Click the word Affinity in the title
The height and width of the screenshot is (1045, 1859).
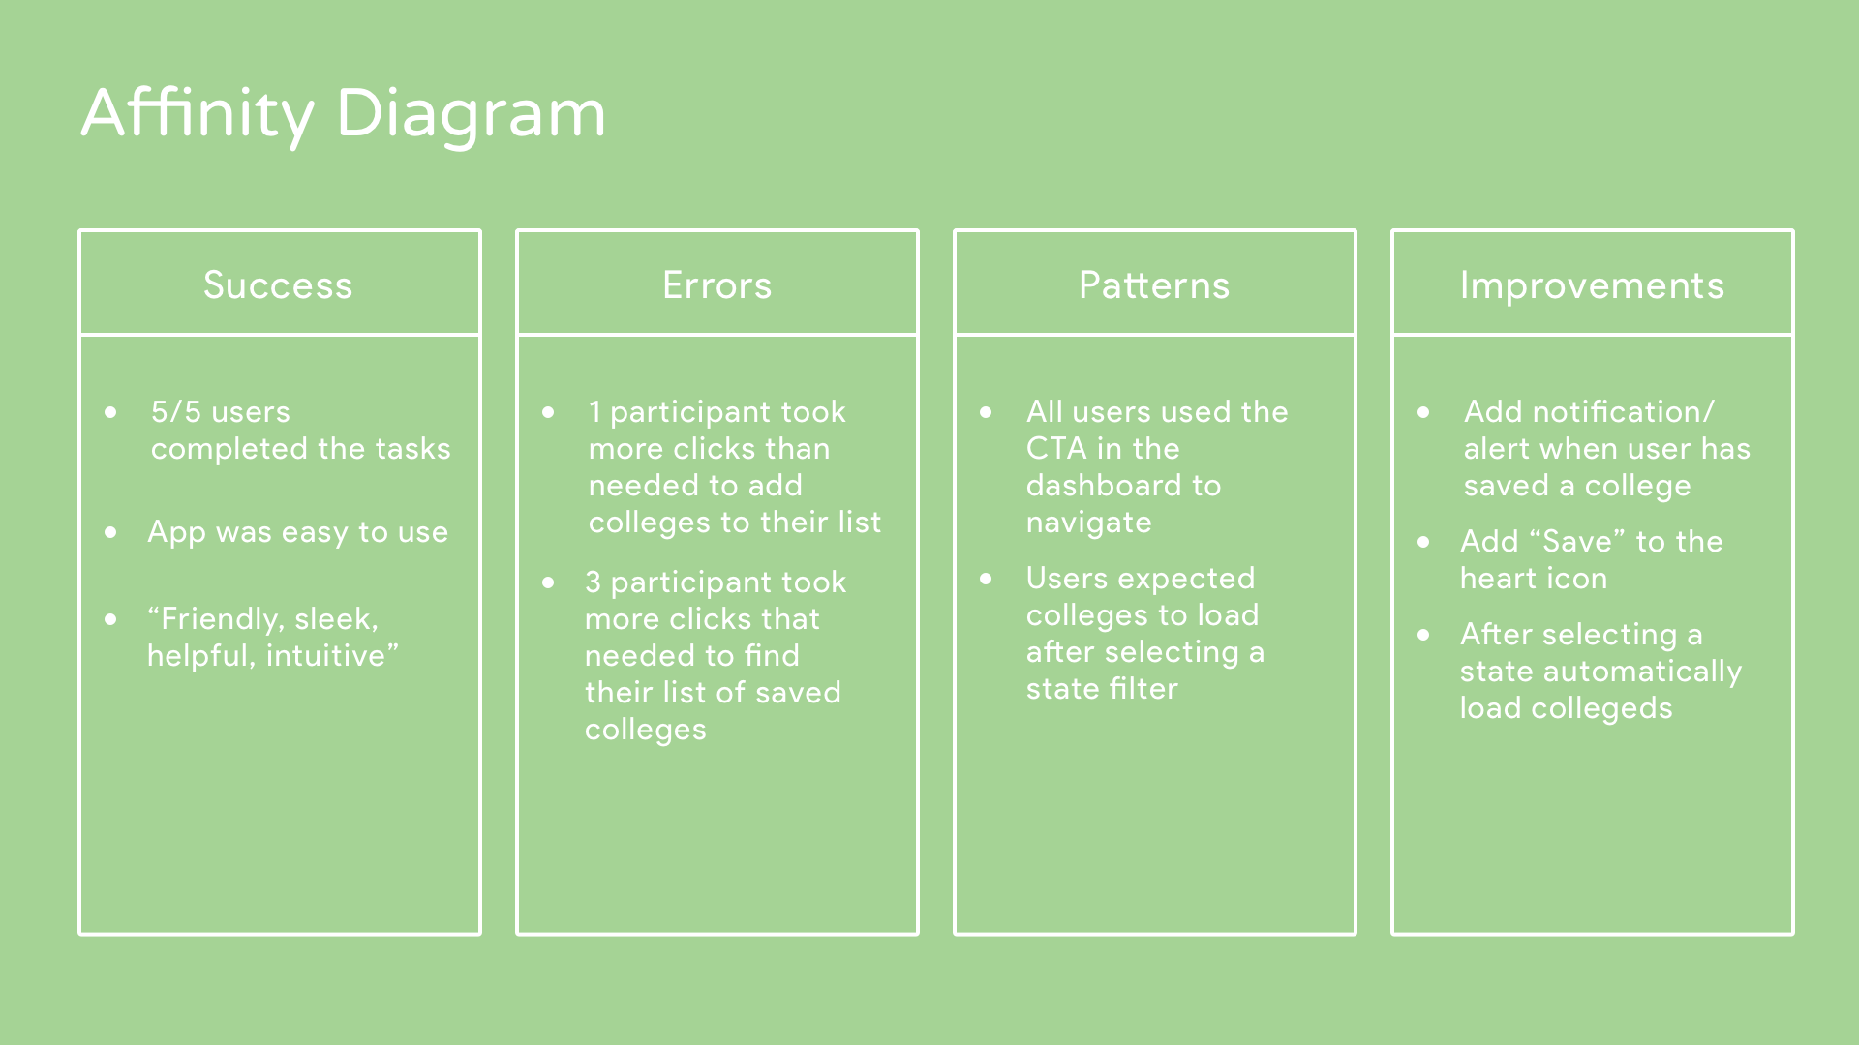198,114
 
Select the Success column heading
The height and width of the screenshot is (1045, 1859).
278,285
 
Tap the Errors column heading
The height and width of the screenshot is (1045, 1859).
717,285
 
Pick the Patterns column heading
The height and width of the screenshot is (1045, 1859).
1154,285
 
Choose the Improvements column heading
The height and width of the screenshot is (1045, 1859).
1593,286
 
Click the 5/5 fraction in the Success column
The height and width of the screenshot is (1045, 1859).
175,411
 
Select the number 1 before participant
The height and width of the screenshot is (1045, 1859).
594,412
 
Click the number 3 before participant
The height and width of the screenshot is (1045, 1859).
594,582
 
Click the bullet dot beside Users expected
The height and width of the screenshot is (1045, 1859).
987,580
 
